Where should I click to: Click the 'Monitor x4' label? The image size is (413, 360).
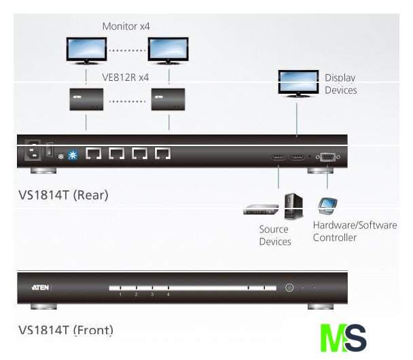[126, 26]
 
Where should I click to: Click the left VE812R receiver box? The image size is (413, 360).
[86, 100]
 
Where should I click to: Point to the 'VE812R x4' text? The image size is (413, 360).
[126, 77]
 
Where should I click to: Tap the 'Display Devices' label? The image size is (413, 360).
[340, 84]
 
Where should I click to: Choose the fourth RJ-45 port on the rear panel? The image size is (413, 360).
[162, 154]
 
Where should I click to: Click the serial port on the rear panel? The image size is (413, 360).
[327, 158]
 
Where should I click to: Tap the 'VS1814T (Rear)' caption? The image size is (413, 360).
[63, 195]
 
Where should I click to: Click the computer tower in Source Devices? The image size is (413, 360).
[293, 206]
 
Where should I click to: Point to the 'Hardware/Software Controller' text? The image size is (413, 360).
[354, 231]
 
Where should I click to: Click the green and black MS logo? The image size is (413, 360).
[343, 338]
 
